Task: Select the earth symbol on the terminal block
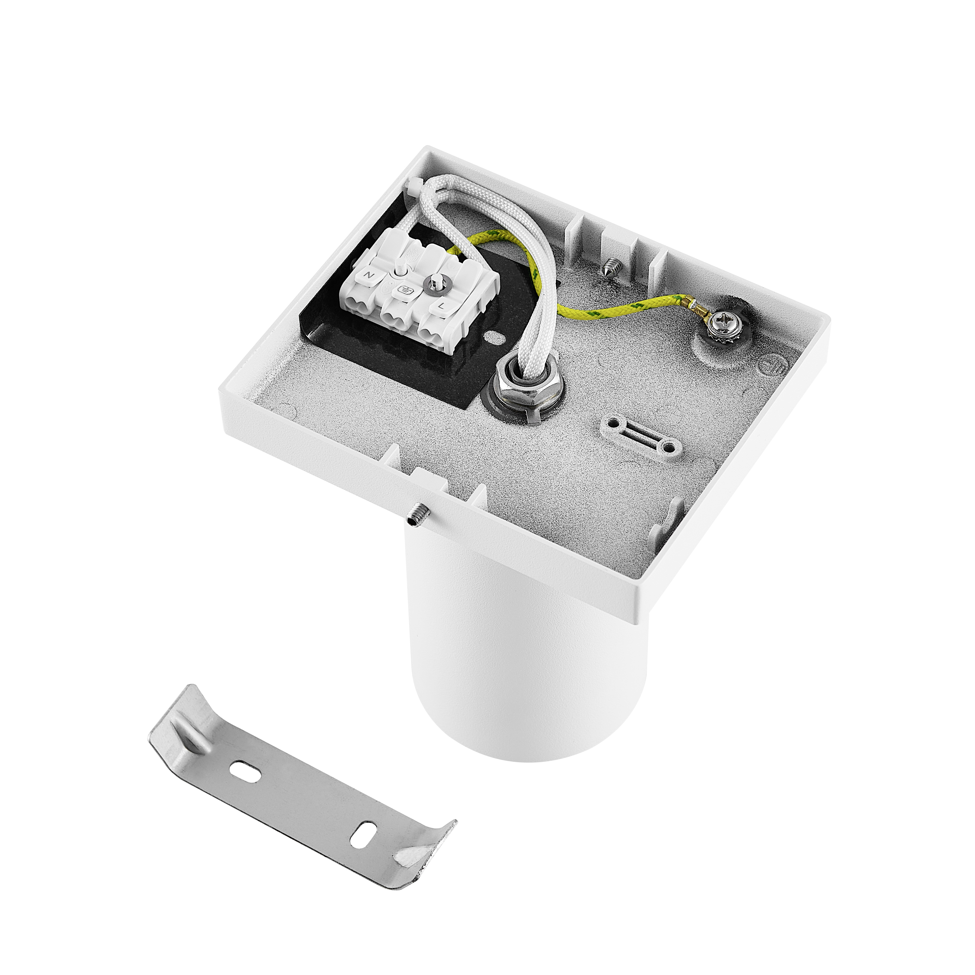click(404, 290)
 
